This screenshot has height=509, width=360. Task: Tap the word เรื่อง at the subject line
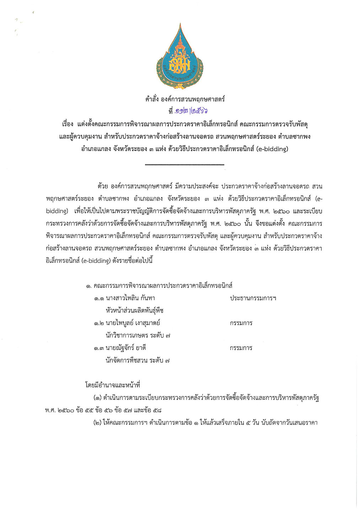(x=68, y=124)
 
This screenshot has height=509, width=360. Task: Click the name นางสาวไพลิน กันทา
(x=130, y=298)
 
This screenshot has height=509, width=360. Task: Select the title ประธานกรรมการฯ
(x=253, y=298)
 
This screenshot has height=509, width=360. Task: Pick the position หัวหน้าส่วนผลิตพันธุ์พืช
(x=134, y=310)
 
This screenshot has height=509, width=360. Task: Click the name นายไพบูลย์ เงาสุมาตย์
(x=133, y=323)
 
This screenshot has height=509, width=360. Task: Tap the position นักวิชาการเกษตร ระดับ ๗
(x=138, y=335)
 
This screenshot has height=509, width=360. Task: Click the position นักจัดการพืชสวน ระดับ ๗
(x=138, y=360)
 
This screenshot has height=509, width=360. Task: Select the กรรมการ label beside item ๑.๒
(x=241, y=323)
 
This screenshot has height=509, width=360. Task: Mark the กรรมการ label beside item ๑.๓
(x=241, y=348)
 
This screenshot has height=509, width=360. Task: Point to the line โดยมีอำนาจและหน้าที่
(x=113, y=385)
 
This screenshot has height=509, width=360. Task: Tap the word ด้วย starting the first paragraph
(x=102, y=186)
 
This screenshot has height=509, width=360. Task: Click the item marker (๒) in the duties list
(x=97, y=423)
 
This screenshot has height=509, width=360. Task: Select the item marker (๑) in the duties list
(x=97, y=398)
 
